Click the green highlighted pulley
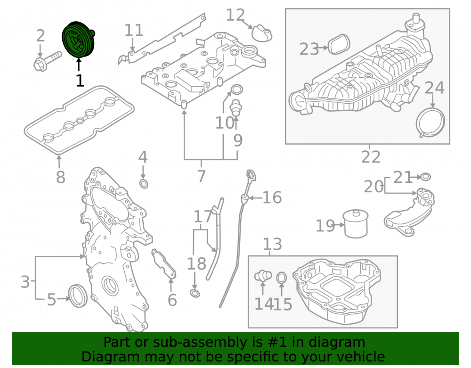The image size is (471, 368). point(78,39)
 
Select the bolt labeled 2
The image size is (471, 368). point(48,61)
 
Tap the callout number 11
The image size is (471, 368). point(134,30)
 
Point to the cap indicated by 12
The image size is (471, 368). point(261,33)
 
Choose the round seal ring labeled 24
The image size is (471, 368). point(430,123)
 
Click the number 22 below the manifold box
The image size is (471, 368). point(371,157)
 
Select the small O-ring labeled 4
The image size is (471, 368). point(144,184)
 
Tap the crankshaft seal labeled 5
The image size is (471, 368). point(78,296)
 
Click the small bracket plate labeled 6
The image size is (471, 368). point(164,264)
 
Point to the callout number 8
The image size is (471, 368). point(61,177)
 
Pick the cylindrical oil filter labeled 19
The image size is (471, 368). point(356,224)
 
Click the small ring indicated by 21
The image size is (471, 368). point(425,177)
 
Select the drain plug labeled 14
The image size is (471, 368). point(263,276)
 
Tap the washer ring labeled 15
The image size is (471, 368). point(282,278)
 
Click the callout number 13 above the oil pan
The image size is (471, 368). point(272,244)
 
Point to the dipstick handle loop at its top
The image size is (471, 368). point(251,175)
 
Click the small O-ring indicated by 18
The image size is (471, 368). point(195,293)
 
